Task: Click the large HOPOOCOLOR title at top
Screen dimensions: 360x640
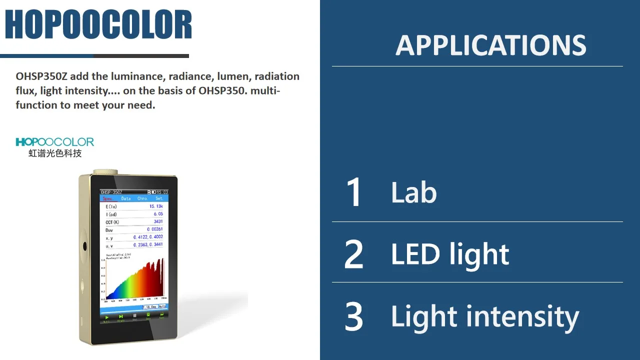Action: coord(98,24)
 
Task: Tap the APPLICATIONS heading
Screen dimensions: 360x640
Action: coord(491,45)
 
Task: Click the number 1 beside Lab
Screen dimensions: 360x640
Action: coord(354,192)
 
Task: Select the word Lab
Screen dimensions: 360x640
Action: coord(413,192)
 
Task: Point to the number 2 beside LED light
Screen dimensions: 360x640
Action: coord(354,254)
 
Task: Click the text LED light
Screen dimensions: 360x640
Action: coord(449,254)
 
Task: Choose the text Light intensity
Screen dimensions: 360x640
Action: coord(484,316)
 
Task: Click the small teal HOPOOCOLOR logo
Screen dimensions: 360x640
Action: coord(55,142)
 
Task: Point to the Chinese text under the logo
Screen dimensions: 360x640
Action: coord(55,153)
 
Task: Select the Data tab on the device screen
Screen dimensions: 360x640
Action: coord(126,198)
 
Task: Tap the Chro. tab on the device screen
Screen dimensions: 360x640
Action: coord(142,198)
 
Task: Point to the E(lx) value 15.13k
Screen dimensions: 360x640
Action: coord(155,206)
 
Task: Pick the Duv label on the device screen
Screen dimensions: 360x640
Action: coord(109,229)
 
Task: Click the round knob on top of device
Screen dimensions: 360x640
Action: coord(102,171)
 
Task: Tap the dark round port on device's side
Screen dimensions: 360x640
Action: coord(84,246)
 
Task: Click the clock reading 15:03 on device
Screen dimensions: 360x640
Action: coord(162,192)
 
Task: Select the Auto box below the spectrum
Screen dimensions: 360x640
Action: coord(162,307)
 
